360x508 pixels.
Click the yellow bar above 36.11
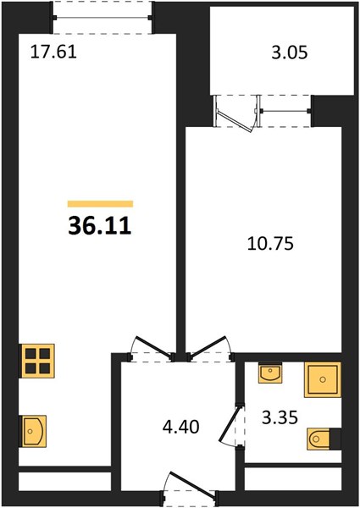(100, 204)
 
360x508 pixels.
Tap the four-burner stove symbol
(37, 361)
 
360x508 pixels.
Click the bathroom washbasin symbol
(269, 373)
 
